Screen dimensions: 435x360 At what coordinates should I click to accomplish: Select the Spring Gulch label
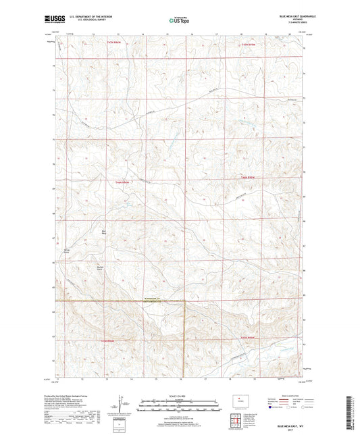click(66, 251)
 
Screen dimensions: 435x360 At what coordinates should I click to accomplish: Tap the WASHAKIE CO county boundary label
click(165, 298)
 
